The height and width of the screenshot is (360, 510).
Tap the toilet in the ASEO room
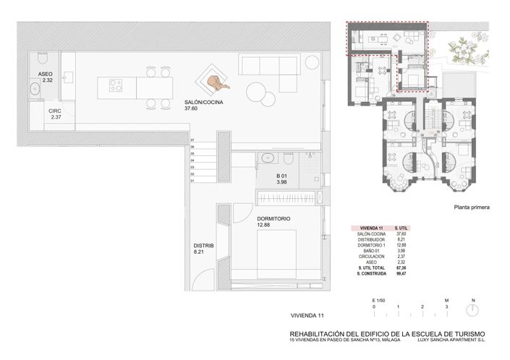click(42, 59)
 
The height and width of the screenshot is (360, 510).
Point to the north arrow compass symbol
click(472, 309)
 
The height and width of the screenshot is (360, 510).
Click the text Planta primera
click(472, 207)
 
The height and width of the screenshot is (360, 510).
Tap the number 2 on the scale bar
click(422, 307)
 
